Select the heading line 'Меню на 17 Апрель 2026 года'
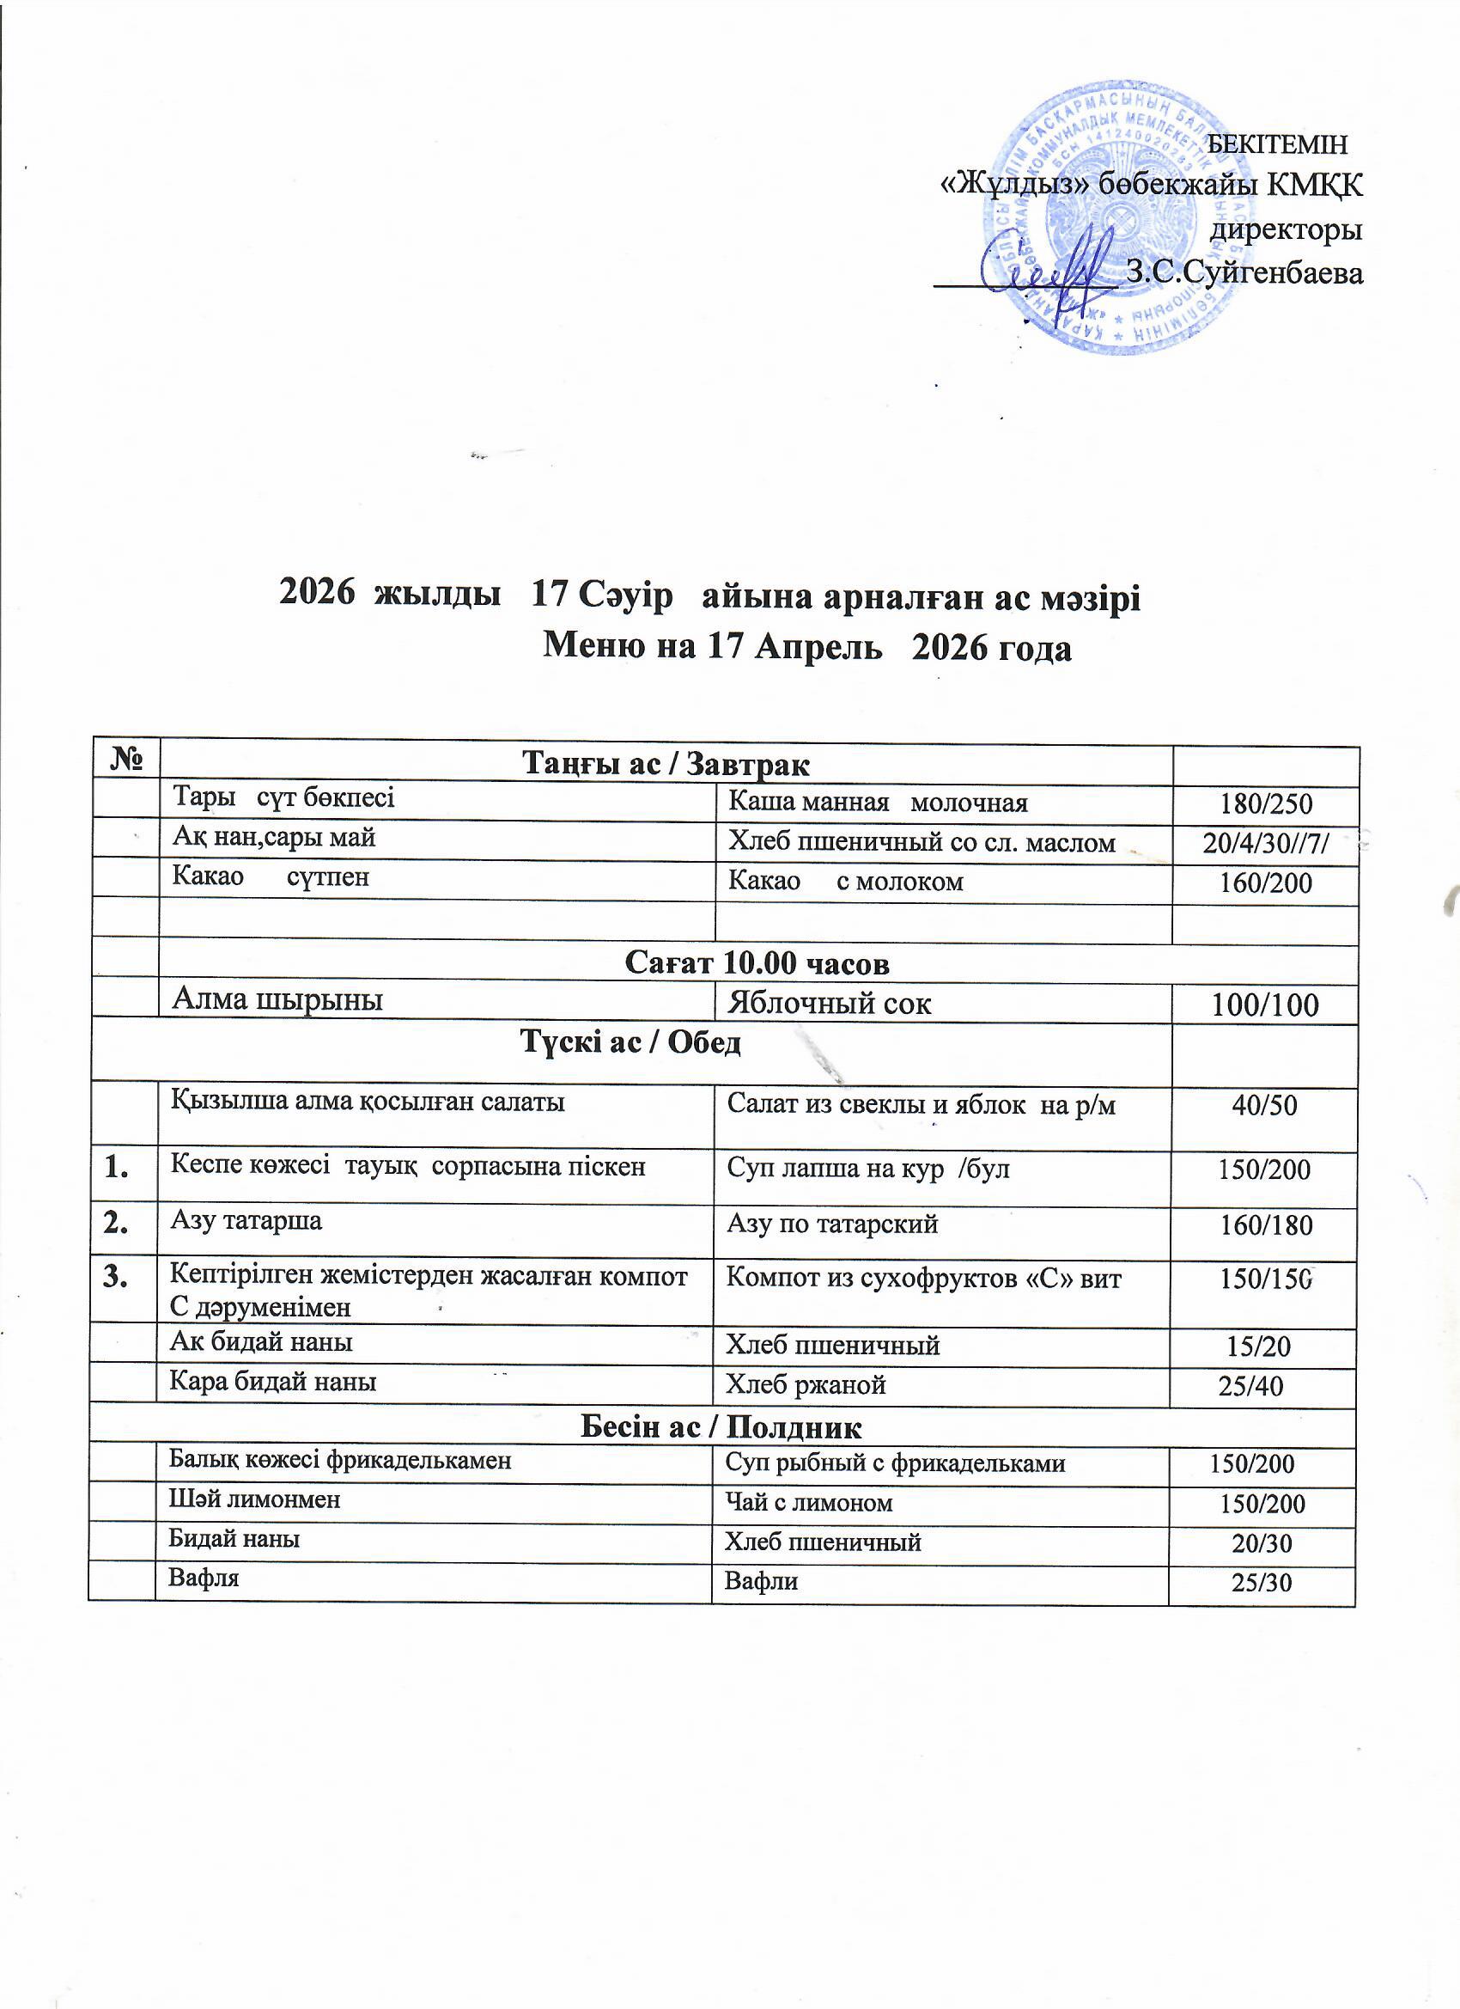[806, 648]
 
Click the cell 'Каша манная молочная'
[878, 803]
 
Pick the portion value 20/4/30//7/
[1265, 843]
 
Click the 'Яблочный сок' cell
[829, 1003]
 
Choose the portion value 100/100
[1265, 1004]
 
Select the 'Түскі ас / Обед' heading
[630, 1042]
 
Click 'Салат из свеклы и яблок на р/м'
[921, 1104]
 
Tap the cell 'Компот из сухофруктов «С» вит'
[923, 1279]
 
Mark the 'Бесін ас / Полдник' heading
[721, 1427]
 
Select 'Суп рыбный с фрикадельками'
[895, 1463]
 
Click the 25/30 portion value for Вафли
[1262, 1583]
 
